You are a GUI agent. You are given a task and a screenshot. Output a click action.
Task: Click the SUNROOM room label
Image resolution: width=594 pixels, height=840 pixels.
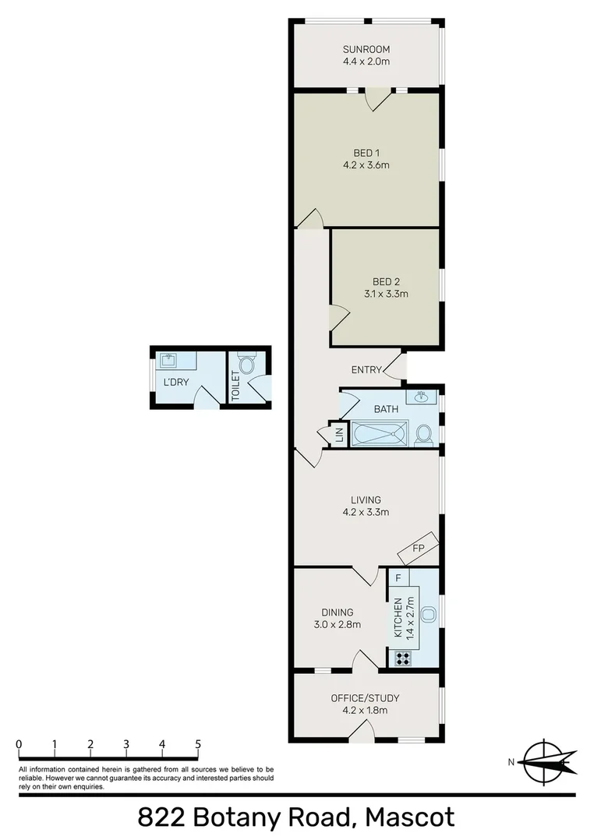(366, 49)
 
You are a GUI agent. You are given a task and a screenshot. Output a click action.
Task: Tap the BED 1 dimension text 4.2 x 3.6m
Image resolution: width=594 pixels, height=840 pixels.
(366, 164)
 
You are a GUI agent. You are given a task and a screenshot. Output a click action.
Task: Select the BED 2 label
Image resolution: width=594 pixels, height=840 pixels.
(386, 281)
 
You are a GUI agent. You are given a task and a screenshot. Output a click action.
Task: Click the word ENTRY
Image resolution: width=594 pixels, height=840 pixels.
(366, 369)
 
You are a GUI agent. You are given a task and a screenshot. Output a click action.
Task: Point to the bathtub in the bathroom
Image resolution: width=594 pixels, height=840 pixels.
(380, 434)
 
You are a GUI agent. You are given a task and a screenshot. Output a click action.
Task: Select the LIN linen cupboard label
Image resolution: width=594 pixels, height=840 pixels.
(339, 436)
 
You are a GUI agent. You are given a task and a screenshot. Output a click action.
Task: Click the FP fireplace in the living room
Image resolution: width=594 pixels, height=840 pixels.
(418, 549)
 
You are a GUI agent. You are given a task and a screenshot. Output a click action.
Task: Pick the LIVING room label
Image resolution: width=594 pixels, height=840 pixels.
(366, 499)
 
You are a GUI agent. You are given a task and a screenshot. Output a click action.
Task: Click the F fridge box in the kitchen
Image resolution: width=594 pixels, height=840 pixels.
(398, 578)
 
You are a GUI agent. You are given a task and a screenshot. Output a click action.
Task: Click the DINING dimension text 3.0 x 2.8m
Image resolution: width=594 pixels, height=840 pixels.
(337, 624)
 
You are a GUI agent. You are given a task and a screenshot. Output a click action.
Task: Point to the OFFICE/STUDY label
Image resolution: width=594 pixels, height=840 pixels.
(365, 697)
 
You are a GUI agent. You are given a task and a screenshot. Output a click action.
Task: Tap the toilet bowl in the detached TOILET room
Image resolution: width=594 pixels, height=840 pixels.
(246, 365)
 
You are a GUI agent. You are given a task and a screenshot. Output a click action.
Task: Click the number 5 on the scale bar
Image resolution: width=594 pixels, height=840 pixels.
(198, 744)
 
